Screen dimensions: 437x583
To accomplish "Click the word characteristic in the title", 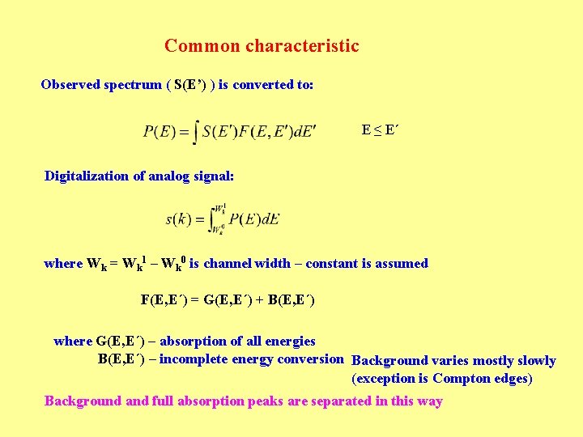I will click(x=302, y=46).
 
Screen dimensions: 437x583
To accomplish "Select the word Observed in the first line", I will click(x=70, y=85).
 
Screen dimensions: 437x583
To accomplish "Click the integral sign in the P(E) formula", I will click(x=195, y=130).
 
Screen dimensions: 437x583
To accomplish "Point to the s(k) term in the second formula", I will click(x=178, y=219).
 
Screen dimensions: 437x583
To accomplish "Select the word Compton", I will click(x=460, y=379).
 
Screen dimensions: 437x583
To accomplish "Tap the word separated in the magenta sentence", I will click(x=339, y=401).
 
